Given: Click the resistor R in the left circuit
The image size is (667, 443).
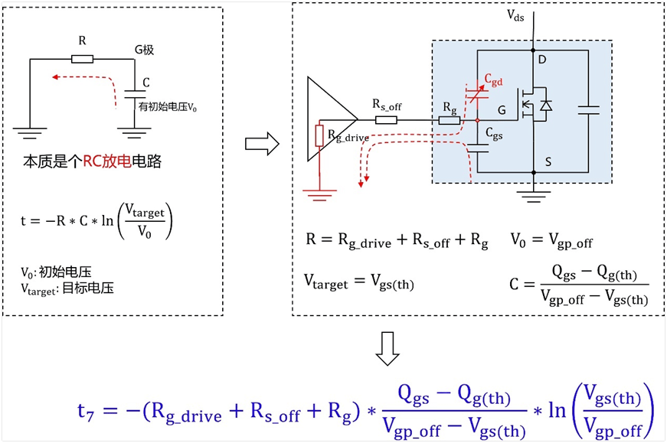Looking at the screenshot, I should coord(82,59).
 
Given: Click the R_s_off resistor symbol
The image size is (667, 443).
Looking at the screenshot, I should coord(386,120).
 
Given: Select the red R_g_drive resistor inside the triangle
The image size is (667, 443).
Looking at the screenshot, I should coord(320,135).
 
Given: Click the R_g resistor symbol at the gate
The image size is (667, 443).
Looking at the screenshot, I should coord(450,120).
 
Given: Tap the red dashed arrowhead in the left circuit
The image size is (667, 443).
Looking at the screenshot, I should coord(55,77).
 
